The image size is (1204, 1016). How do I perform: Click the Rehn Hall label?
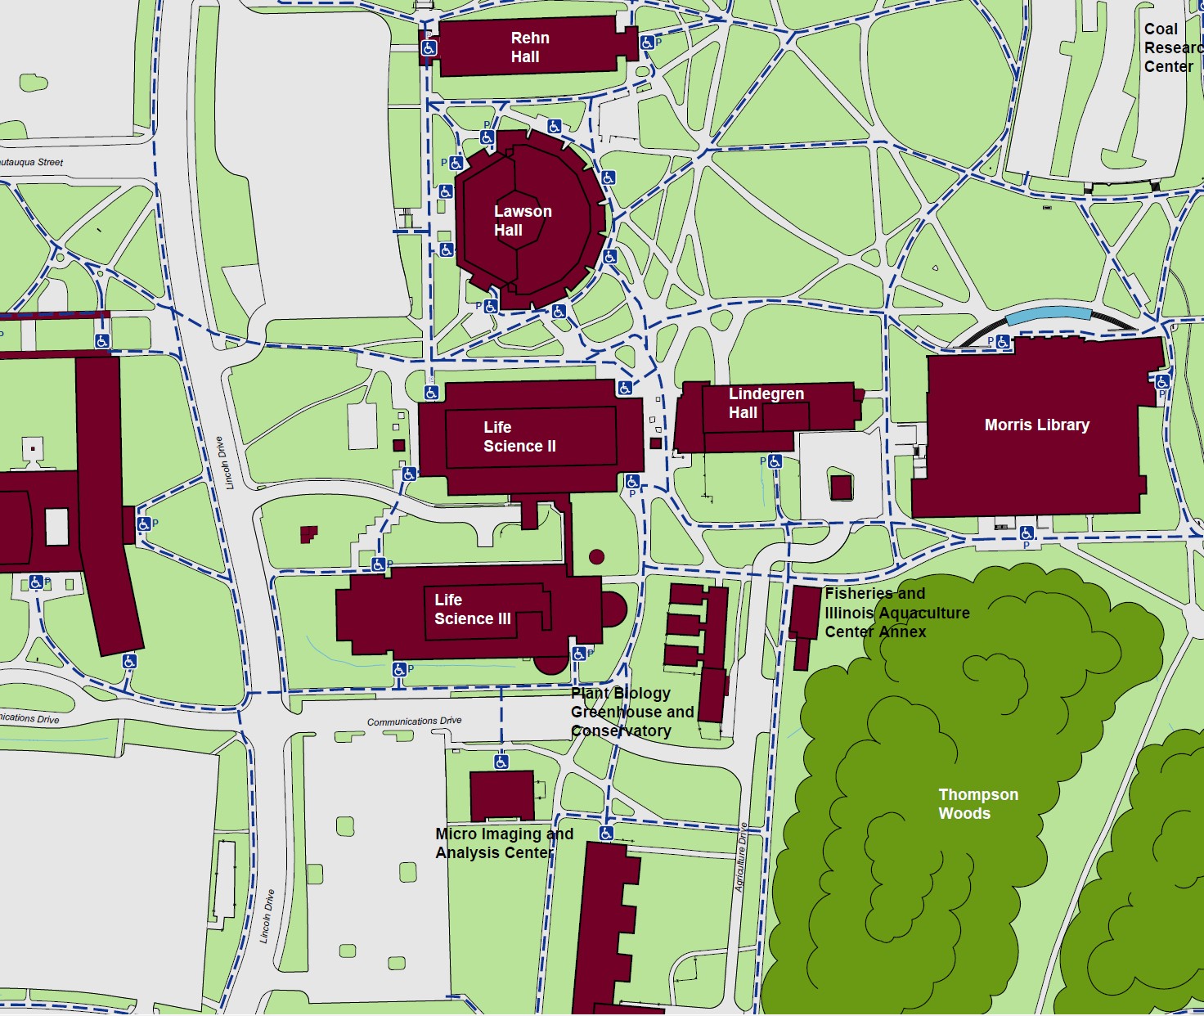(x=529, y=47)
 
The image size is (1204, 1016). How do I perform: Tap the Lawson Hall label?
(x=522, y=221)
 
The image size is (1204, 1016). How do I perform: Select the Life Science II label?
(x=519, y=437)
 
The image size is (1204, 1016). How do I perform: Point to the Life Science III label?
(x=472, y=609)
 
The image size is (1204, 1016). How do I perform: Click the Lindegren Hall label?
(x=766, y=403)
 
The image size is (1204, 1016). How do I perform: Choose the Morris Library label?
(x=1036, y=425)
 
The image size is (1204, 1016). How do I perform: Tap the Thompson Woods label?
(x=977, y=803)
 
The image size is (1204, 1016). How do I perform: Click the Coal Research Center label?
(x=1171, y=47)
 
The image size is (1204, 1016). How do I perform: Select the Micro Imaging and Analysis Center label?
(x=504, y=843)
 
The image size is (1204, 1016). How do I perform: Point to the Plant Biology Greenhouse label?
(x=631, y=712)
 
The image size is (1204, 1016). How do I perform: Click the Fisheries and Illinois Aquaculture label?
(x=896, y=612)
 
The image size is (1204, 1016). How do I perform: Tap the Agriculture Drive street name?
(x=741, y=856)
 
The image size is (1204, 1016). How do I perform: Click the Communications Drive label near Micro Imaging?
(x=414, y=722)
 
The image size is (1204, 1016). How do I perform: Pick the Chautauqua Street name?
(x=31, y=162)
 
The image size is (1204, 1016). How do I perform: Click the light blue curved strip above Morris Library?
(x=1048, y=314)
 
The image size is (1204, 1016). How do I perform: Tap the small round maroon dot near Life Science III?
(x=596, y=557)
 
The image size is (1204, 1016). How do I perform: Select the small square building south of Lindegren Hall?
(x=841, y=488)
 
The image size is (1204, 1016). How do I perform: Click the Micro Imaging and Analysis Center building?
(x=501, y=794)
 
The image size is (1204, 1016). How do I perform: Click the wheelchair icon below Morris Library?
(x=1027, y=533)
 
